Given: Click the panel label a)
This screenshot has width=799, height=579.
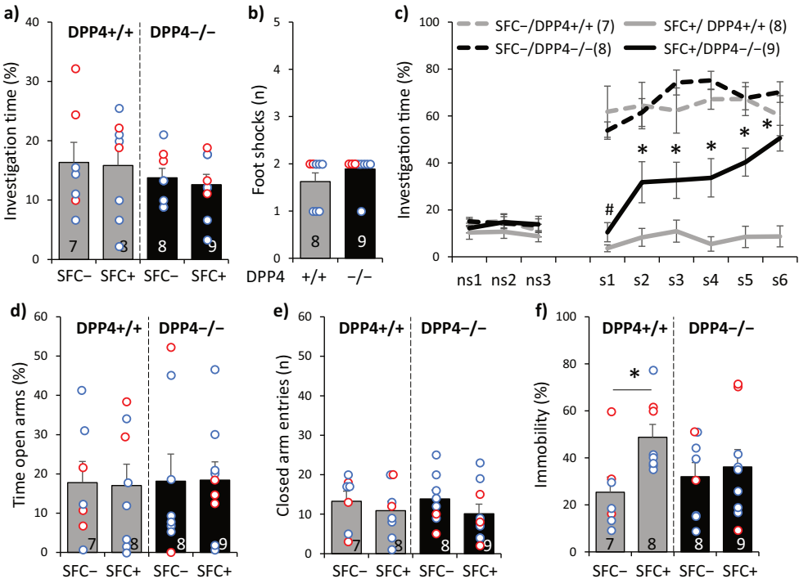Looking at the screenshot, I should pyautogui.click(x=14, y=13).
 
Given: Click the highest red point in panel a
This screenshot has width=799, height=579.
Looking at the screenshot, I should pyautogui.click(x=76, y=69).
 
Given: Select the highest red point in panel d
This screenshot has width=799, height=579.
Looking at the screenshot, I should pyautogui.click(x=171, y=348).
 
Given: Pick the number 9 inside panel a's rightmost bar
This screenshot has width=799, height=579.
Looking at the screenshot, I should pyautogui.click(x=212, y=246).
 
